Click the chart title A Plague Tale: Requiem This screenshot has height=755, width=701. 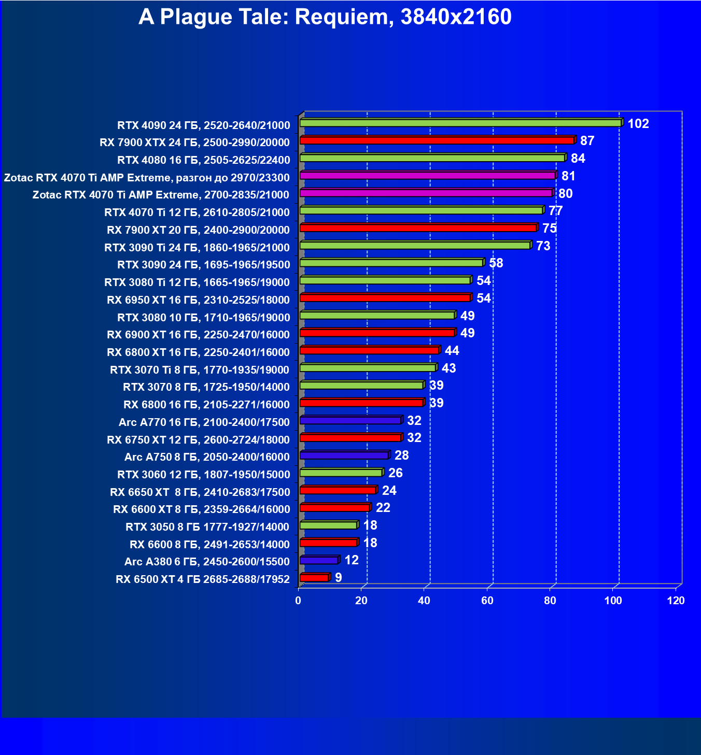(x=325, y=17)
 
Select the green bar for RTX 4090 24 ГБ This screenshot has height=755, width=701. (x=460, y=123)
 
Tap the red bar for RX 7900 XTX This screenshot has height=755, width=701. (x=437, y=140)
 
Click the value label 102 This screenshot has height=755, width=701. (x=638, y=124)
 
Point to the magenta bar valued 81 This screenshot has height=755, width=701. (x=427, y=176)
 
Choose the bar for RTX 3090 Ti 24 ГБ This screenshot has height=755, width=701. (x=415, y=245)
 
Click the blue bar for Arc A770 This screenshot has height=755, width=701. (x=350, y=420)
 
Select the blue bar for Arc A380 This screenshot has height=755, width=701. (x=319, y=560)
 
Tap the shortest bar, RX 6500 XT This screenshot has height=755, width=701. (x=314, y=578)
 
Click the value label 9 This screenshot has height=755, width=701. (x=338, y=578)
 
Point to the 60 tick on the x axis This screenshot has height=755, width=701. (x=487, y=601)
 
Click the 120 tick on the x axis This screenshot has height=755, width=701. (x=676, y=601)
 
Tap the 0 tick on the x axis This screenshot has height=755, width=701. (x=298, y=601)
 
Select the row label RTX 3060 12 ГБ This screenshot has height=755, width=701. (x=203, y=475)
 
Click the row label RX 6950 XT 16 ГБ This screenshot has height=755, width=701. (x=198, y=300)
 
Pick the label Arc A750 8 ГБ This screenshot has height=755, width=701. (x=207, y=457)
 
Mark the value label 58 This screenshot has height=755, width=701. (x=496, y=263)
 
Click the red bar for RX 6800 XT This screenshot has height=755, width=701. (x=369, y=350)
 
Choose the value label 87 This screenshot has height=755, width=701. (x=587, y=141)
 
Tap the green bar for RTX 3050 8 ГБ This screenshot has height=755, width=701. (x=328, y=525)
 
